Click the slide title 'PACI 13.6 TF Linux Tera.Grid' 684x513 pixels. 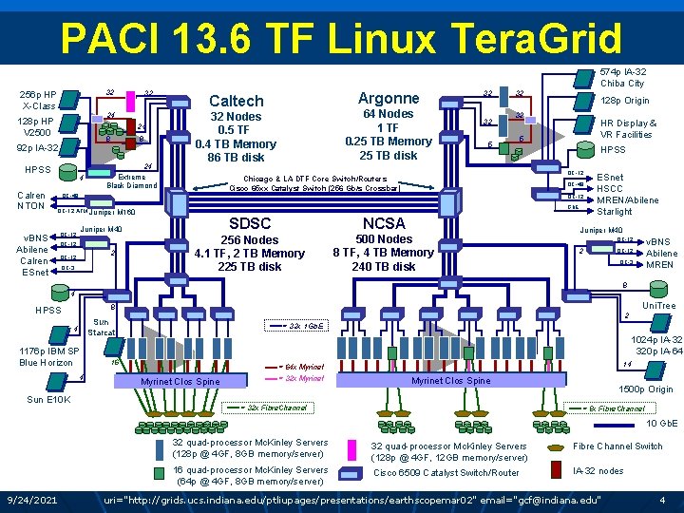[x=340, y=40]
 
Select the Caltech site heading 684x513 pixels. [x=236, y=101]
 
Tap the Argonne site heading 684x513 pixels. [x=388, y=98]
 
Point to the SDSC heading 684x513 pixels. [x=249, y=224]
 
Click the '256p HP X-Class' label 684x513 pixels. [x=38, y=100]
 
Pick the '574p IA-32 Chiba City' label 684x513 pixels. [x=622, y=77]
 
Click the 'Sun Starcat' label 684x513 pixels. [x=101, y=327]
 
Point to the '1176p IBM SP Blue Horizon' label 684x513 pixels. [x=46, y=357]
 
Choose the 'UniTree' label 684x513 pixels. [x=658, y=306]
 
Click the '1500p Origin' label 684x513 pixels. [x=645, y=389]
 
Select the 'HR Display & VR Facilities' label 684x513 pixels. [x=628, y=129]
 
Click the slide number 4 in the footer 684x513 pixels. [x=661, y=500]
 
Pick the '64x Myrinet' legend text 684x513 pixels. [x=305, y=367]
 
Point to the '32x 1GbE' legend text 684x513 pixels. [x=306, y=326]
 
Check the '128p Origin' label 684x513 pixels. [x=624, y=101]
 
